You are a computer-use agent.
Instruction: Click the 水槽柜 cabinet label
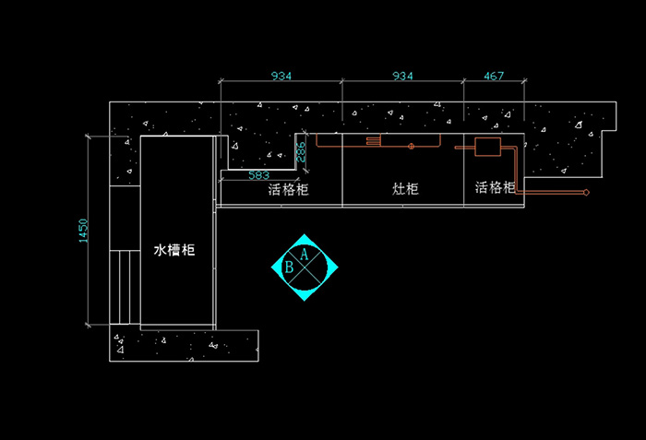click(x=173, y=251)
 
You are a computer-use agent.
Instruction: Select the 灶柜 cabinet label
click(x=405, y=189)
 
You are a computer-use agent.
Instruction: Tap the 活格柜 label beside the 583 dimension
click(x=288, y=191)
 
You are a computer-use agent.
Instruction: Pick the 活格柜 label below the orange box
click(x=496, y=188)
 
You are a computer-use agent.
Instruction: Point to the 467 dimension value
click(x=494, y=76)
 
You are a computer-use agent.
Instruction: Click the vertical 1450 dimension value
click(x=83, y=231)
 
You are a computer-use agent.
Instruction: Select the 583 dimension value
click(x=259, y=174)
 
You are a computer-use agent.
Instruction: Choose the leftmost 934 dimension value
click(x=281, y=76)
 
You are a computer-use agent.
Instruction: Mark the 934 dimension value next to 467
click(x=402, y=76)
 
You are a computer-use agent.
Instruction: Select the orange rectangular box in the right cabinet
click(x=486, y=146)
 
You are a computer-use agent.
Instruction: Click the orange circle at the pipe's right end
click(x=585, y=193)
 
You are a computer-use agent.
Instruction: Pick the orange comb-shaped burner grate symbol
click(x=374, y=141)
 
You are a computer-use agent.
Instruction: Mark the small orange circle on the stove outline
click(x=412, y=146)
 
